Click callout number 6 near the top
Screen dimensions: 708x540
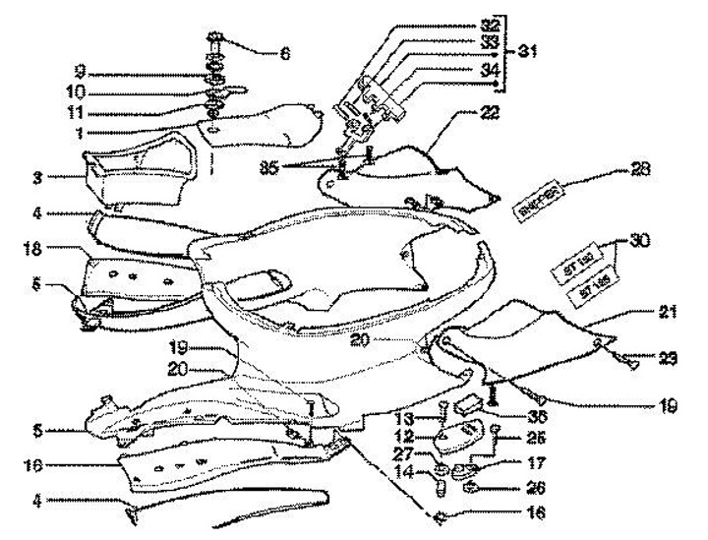click(284, 54)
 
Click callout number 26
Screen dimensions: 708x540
click(508, 486)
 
